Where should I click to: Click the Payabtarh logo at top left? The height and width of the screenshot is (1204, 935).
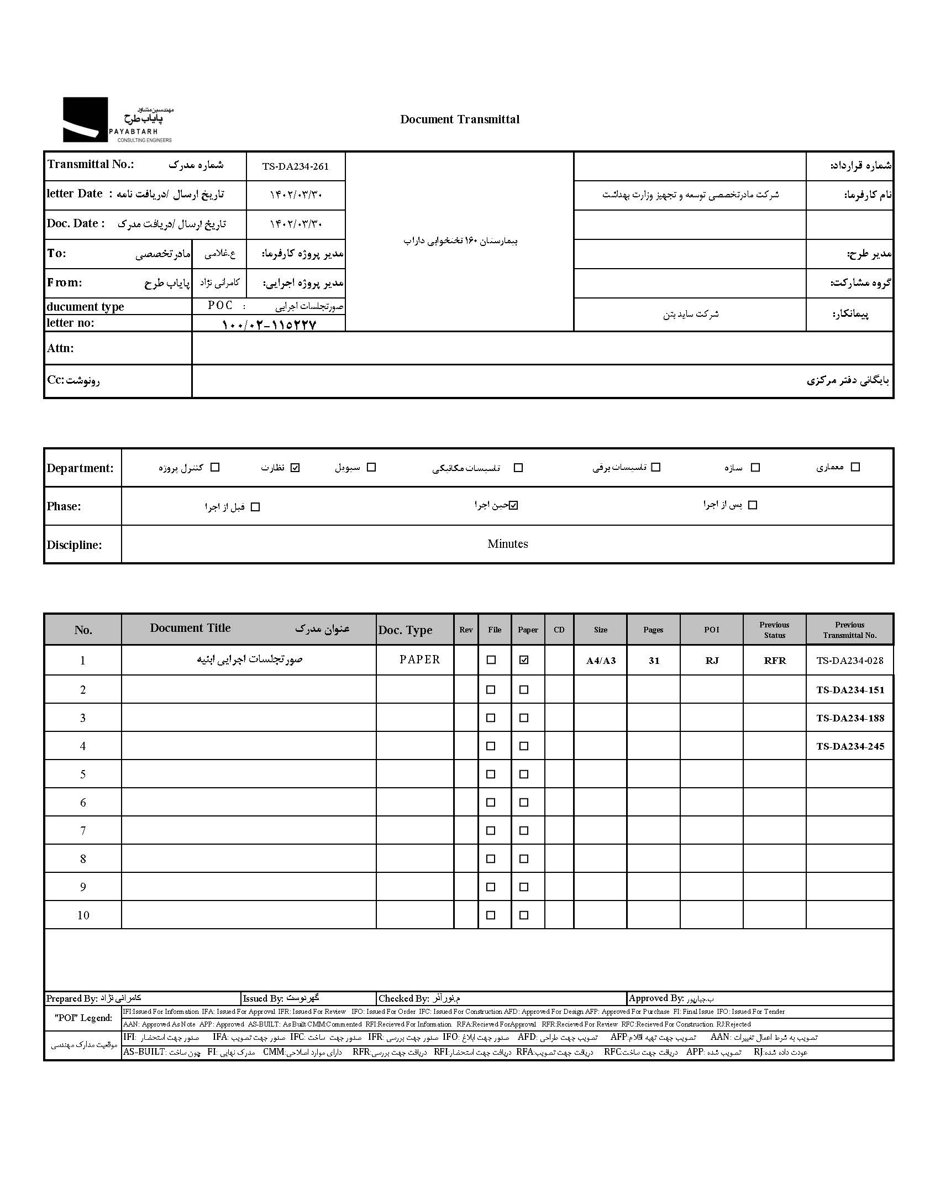pyautogui.click(x=118, y=120)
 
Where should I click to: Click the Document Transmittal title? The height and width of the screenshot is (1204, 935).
pyautogui.click(x=460, y=119)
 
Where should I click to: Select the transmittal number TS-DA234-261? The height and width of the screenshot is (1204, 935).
pyautogui.click(x=296, y=166)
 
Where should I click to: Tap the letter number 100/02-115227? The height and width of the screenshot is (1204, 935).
pyautogui.click(x=269, y=324)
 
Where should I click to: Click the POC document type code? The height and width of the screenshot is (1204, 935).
pyautogui.click(x=220, y=306)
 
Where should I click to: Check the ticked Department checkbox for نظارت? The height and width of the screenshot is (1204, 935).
pyautogui.click(x=295, y=468)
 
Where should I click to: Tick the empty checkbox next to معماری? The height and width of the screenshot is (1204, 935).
pyautogui.click(x=855, y=467)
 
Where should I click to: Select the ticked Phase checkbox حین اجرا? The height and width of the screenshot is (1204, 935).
pyautogui.click(x=514, y=505)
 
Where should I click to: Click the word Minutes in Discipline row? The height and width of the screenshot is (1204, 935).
pyautogui.click(x=507, y=544)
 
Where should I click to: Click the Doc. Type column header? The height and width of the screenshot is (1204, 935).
pyautogui.click(x=405, y=630)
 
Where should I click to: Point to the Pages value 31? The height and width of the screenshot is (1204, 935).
pyautogui.click(x=654, y=661)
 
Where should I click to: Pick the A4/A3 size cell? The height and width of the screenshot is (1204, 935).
pyautogui.click(x=601, y=661)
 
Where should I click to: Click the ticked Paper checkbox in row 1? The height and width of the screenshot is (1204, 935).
pyautogui.click(x=524, y=660)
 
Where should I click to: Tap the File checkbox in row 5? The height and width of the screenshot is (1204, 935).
pyautogui.click(x=491, y=774)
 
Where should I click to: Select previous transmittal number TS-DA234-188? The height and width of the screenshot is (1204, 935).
pyautogui.click(x=850, y=718)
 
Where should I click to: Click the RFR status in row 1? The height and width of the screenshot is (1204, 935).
pyautogui.click(x=775, y=661)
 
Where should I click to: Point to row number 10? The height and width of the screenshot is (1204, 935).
pyautogui.click(x=83, y=915)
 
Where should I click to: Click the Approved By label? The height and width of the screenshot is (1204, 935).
pyautogui.click(x=656, y=998)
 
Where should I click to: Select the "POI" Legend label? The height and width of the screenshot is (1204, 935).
pyautogui.click(x=83, y=1018)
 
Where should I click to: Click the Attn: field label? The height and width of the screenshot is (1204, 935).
pyautogui.click(x=60, y=348)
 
